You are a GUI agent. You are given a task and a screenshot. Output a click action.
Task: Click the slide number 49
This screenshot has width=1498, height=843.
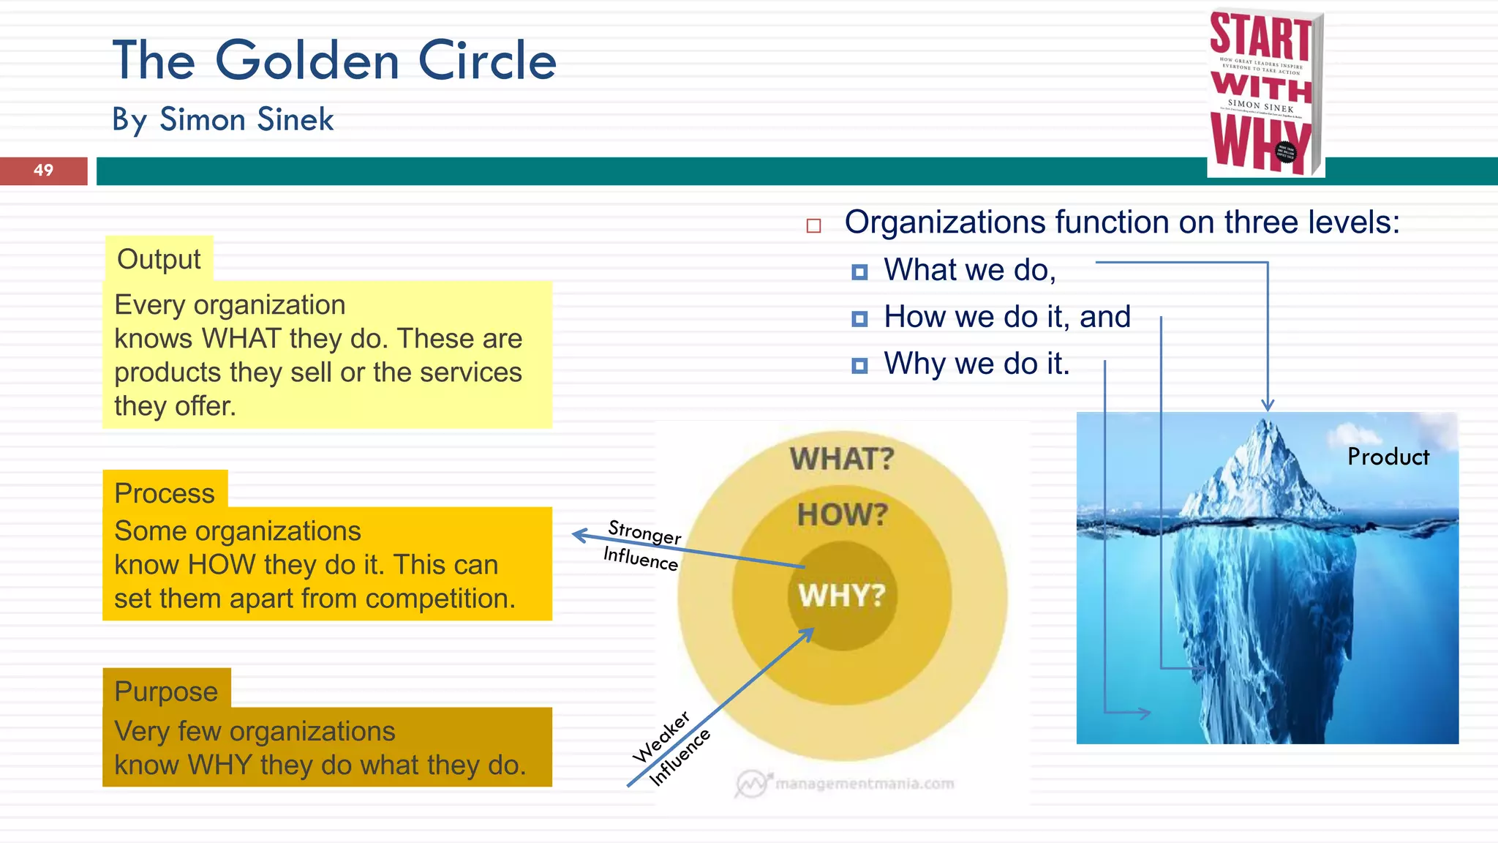(43, 171)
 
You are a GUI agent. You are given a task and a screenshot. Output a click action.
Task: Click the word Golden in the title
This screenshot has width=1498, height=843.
(307, 61)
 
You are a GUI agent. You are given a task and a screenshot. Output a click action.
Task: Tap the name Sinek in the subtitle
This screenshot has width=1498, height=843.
(296, 119)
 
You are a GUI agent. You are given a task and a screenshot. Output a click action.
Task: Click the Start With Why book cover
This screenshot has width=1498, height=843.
(1265, 93)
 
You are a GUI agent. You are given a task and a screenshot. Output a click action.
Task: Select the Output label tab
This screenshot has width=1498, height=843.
(159, 259)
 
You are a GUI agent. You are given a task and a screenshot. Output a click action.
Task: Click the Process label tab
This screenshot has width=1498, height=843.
(165, 492)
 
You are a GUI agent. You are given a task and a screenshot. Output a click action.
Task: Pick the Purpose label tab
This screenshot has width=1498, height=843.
(166, 691)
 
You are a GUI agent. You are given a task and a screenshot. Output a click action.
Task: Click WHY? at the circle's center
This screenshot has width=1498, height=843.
(842, 596)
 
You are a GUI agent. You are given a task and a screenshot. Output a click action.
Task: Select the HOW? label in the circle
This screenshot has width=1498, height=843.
(842, 514)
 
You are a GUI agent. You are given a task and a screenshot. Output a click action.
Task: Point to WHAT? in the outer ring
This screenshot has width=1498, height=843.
(842, 459)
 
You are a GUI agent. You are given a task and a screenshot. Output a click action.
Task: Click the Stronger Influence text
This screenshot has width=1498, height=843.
(642, 544)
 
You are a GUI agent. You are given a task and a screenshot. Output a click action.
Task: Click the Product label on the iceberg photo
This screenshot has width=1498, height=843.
(1388, 457)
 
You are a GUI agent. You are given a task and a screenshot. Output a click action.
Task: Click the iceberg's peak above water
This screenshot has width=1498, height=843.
(1267, 439)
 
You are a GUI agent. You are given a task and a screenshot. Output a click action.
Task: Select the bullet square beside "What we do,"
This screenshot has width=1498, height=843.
(859, 272)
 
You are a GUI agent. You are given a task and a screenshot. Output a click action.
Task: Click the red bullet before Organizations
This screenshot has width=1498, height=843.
(813, 225)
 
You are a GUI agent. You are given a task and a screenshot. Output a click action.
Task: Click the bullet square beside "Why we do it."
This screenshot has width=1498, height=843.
(859, 365)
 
